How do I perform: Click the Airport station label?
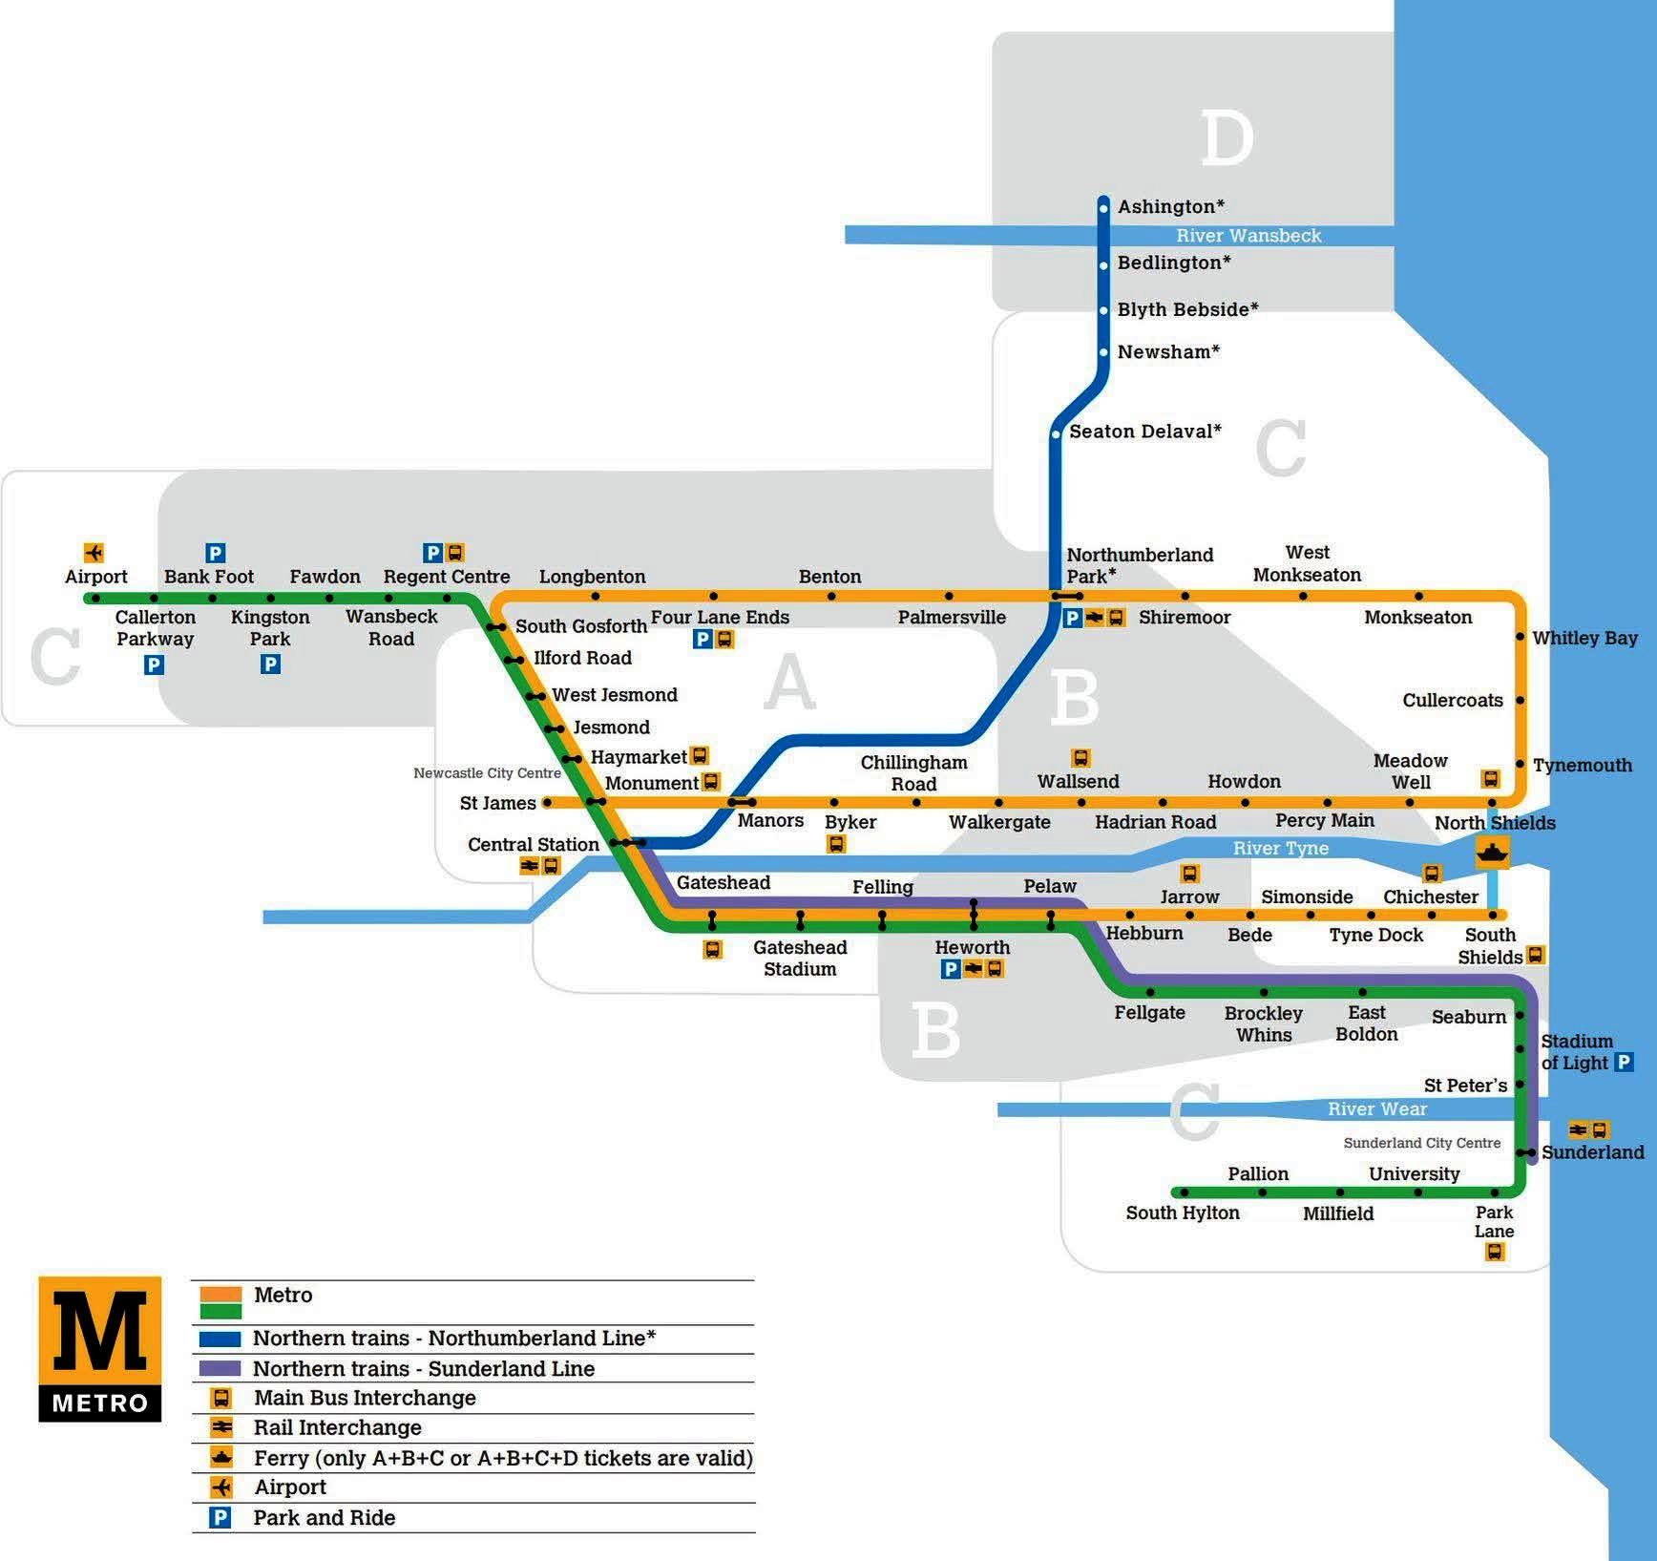95,577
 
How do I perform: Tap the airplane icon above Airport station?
94,553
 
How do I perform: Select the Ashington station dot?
1103,207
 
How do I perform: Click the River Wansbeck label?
1248,236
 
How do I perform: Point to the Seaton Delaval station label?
1144,432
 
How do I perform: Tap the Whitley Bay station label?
1584,638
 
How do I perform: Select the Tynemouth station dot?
1521,765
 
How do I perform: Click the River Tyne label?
1280,848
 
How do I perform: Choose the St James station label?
497,803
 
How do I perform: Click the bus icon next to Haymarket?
700,756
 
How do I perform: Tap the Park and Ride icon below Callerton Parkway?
154,664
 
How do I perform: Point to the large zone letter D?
1227,139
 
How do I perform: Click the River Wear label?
1376,1108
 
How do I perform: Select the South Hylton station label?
1182,1213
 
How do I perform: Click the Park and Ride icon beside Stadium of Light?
1624,1062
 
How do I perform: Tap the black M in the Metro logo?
100,1331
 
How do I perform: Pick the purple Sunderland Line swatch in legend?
220,1368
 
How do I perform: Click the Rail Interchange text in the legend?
337,1427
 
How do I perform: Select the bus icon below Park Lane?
1495,1252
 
